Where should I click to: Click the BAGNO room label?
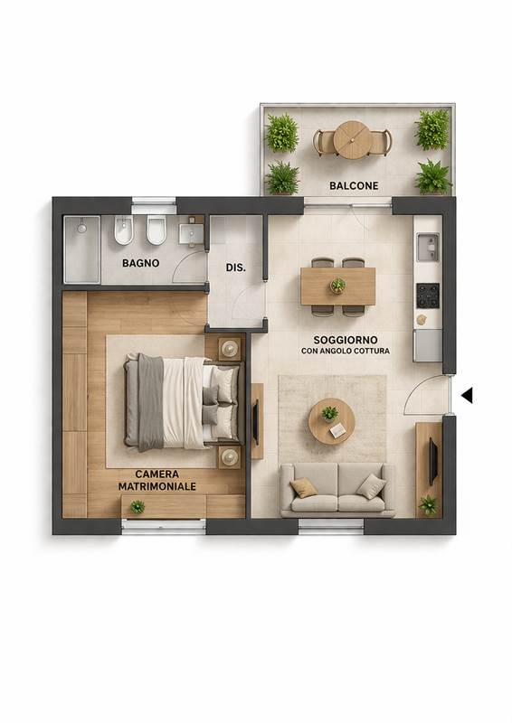click(x=140, y=263)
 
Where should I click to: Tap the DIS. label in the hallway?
click(x=235, y=268)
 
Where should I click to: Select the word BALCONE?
click(x=354, y=186)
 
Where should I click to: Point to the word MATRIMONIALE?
click(x=157, y=486)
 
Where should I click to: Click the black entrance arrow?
click(x=467, y=395)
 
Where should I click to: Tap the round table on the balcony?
click(x=353, y=140)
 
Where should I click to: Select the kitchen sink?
click(x=428, y=247)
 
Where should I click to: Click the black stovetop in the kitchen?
click(x=428, y=296)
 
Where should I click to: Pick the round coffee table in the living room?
click(x=331, y=421)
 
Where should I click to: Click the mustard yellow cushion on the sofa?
click(x=303, y=487)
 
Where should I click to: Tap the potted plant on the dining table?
click(x=338, y=286)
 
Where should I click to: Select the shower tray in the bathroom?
click(x=81, y=249)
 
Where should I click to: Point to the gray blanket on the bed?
click(x=150, y=402)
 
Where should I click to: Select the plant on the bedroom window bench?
click(x=137, y=507)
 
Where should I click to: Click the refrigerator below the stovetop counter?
click(x=428, y=345)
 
